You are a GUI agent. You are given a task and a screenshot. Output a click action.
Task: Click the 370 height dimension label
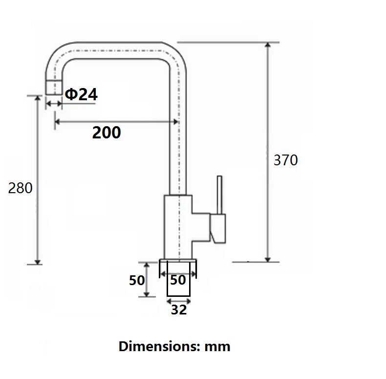(285, 160)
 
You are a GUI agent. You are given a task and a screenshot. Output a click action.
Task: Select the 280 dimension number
(20, 188)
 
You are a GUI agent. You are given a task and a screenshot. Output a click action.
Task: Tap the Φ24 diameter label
(81, 94)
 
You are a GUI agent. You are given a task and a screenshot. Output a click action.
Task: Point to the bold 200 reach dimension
(107, 133)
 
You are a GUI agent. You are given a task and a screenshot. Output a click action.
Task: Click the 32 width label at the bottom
(179, 310)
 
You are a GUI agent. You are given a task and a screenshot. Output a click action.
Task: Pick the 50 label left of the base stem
(137, 280)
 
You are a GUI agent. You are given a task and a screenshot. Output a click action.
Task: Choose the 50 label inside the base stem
(178, 280)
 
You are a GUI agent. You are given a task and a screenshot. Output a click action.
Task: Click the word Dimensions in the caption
(159, 346)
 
